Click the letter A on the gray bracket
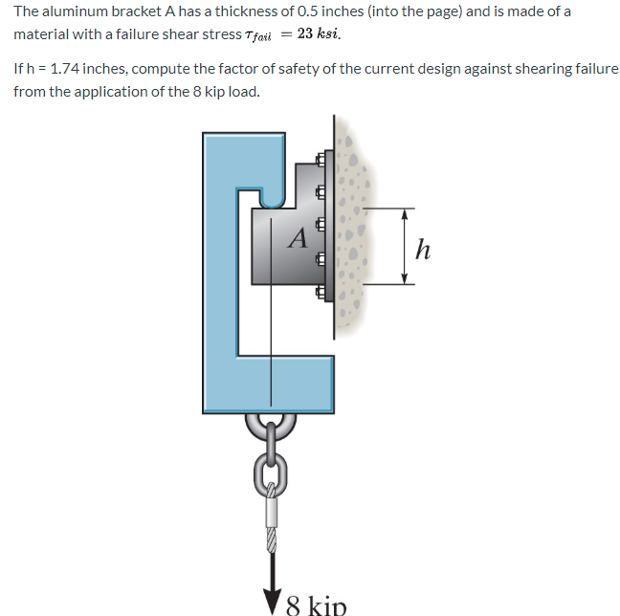click(x=298, y=236)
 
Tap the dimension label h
click(x=424, y=250)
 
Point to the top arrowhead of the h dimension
click(x=405, y=214)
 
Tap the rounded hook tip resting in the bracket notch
click(x=271, y=198)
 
